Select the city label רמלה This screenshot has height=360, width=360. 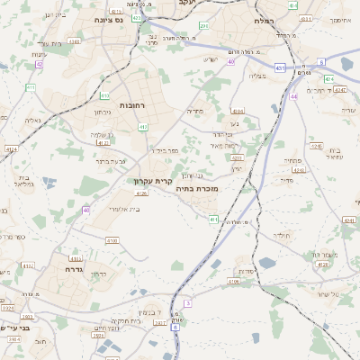(264, 19)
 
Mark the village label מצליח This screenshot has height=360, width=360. (258, 76)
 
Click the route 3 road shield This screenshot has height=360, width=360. (188, 303)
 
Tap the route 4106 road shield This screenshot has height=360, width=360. (232, 281)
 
